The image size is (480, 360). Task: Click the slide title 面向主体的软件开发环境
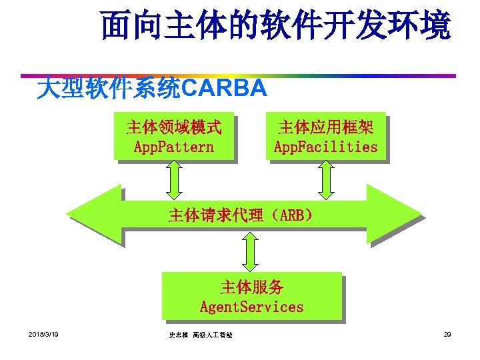pyautogui.click(x=276, y=26)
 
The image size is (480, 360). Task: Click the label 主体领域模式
pyautogui.click(x=174, y=127)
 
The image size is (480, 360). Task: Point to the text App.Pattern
pyautogui.click(x=174, y=146)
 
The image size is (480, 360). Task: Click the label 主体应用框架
pyautogui.click(x=326, y=127)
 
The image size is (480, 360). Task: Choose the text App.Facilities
pyautogui.click(x=326, y=146)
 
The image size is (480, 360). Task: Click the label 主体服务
pyautogui.click(x=252, y=287)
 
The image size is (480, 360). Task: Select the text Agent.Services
pyautogui.click(x=252, y=307)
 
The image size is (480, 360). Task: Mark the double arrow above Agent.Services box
pyautogui.click(x=252, y=251)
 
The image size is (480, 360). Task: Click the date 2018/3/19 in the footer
pyautogui.click(x=43, y=333)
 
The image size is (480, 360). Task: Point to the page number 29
pyautogui.click(x=447, y=333)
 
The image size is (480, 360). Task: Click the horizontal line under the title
pyautogui.click(x=240, y=75)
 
